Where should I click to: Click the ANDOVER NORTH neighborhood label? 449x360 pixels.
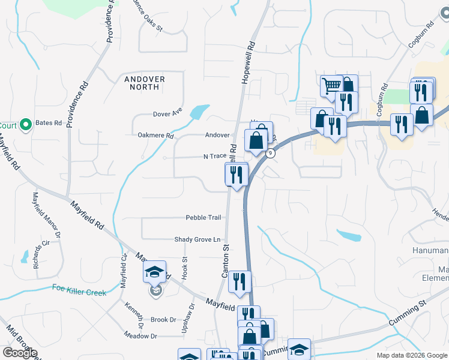coord(142,83)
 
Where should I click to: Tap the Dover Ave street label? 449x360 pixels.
coord(167,112)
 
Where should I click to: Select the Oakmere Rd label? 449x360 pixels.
coord(155,136)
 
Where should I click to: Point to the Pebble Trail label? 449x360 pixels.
coord(203,217)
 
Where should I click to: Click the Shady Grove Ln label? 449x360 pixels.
coord(197,239)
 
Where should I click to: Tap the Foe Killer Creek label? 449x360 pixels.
coord(79,293)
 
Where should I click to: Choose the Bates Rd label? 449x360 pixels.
coord(49,123)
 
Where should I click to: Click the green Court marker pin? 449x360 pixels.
coord(25,125)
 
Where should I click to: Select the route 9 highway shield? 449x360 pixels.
coord(271,154)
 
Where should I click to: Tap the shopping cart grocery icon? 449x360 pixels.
coord(331,86)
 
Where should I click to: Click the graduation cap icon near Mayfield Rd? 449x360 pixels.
coord(154,273)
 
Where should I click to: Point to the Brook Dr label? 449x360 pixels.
coord(163,320)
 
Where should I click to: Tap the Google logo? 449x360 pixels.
coord(20,353)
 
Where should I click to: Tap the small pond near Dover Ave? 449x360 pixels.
coord(197,112)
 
